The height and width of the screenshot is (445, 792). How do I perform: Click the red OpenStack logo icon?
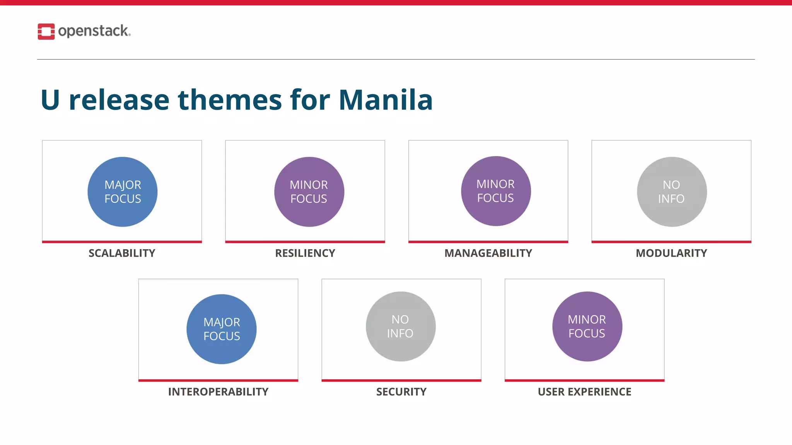[x=46, y=31]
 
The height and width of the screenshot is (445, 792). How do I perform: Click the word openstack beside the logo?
[x=94, y=31]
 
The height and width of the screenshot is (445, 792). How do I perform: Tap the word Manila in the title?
[x=386, y=100]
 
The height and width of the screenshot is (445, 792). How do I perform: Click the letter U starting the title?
[x=50, y=100]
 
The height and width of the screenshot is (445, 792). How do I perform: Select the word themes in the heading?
[x=230, y=100]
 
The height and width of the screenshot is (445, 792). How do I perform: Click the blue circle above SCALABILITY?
[x=123, y=192]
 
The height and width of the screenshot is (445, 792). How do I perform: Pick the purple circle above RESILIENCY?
[x=309, y=192]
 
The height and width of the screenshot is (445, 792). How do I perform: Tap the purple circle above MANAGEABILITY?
[x=496, y=191]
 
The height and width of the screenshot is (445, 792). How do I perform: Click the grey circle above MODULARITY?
[x=672, y=192]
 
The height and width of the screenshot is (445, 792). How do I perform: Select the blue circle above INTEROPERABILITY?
[x=222, y=329]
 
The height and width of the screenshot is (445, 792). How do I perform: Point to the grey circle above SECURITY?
[x=401, y=326]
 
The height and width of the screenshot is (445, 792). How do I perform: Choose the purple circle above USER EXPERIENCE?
[x=587, y=326]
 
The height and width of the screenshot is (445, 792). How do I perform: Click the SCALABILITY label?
[x=122, y=253]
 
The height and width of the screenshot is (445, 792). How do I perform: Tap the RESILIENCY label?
[x=305, y=253]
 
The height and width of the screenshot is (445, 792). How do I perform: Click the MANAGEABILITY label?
[x=488, y=253]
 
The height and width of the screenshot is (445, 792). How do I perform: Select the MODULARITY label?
[x=671, y=253]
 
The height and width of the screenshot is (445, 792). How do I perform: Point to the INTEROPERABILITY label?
[x=218, y=392]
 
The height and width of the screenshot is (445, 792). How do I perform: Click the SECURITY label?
[x=401, y=392]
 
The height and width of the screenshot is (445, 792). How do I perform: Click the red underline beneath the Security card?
[x=401, y=380]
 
